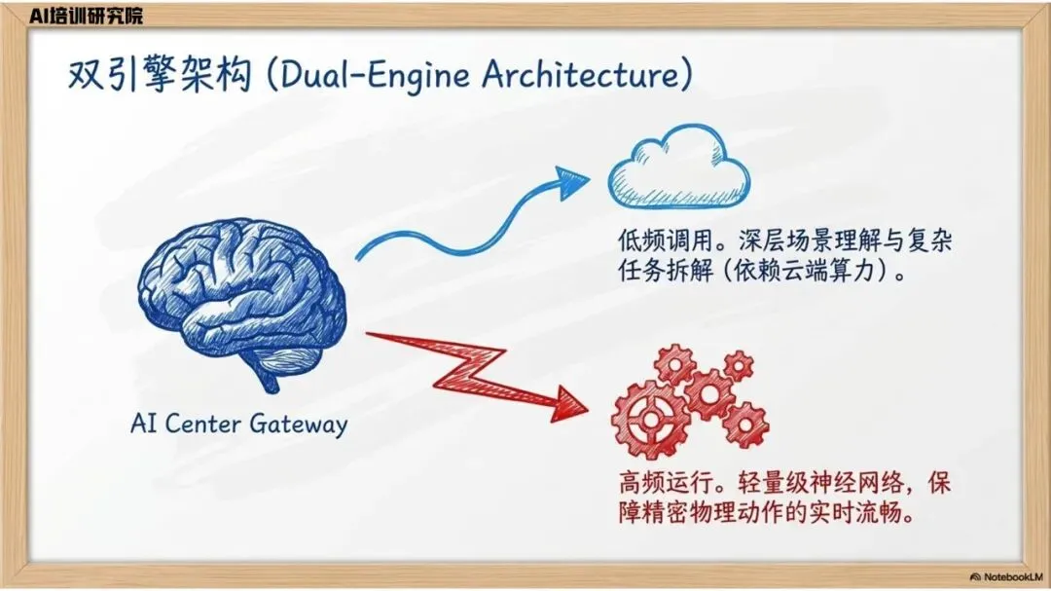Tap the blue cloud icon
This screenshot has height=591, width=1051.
678,169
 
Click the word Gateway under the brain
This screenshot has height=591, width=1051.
298,425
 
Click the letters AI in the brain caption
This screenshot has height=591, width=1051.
145,425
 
